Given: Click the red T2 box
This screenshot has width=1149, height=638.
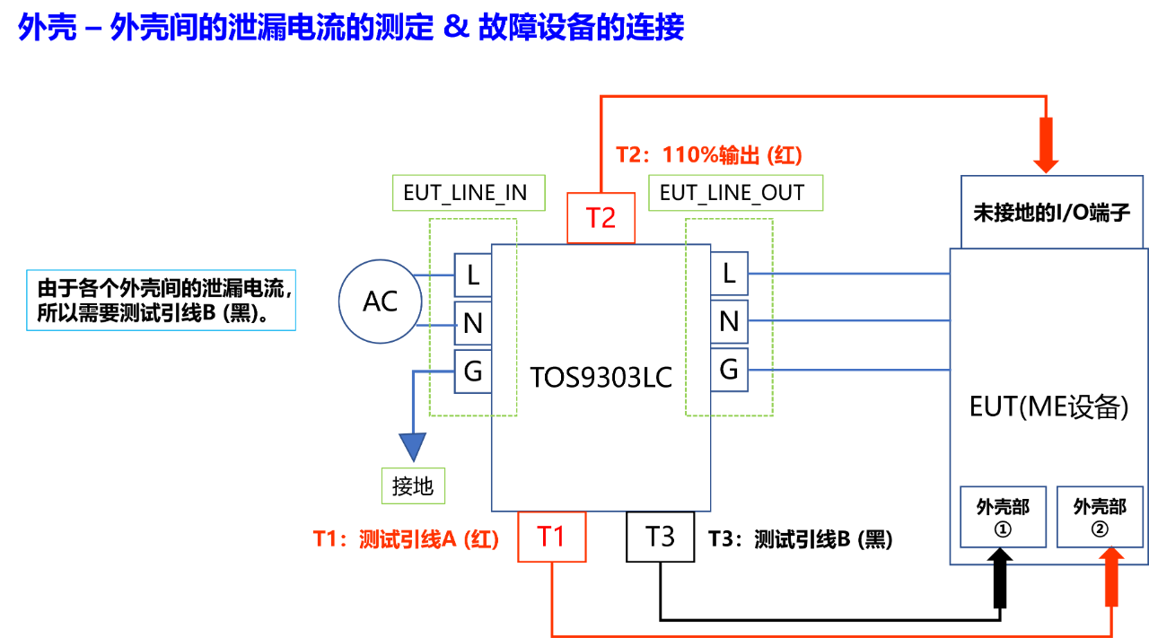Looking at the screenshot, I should pyautogui.click(x=601, y=218).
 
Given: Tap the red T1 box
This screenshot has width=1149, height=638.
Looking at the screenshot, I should pyautogui.click(x=551, y=537).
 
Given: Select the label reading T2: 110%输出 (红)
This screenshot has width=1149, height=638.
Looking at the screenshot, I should pyautogui.click(x=709, y=155).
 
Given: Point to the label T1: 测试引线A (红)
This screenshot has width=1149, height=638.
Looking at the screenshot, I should pyautogui.click(x=405, y=539).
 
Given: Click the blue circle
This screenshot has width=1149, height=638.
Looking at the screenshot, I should pyautogui.click(x=380, y=302).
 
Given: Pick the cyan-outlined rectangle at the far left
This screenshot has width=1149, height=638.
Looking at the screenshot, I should pyautogui.click(x=161, y=300).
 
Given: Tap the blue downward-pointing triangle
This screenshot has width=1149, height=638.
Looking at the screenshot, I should pyautogui.click(x=412, y=446).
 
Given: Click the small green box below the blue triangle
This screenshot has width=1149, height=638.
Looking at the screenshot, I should pyautogui.click(x=413, y=485).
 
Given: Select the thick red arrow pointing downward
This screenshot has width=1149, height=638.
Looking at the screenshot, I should pyautogui.click(x=1046, y=144).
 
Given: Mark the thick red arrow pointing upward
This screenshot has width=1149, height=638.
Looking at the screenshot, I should pyautogui.click(x=1111, y=577).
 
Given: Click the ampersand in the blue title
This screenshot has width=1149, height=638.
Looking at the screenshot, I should pyautogui.click(x=456, y=27).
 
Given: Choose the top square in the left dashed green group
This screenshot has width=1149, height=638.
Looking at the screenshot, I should pyautogui.click(x=472, y=275).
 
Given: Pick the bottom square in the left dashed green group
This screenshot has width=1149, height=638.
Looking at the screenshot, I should pyautogui.click(x=472, y=371).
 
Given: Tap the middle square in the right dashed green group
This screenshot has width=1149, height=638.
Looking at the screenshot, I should pyautogui.click(x=730, y=321).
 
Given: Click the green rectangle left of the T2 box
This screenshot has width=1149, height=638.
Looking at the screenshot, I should pyautogui.click(x=469, y=193).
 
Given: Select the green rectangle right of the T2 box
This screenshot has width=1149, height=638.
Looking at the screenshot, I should pyautogui.click(x=735, y=193).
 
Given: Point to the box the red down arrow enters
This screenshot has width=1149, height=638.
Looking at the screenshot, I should pyautogui.click(x=1051, y=212).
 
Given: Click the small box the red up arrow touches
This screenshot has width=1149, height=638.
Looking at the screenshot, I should pyautogui.click(x=1100, y=517).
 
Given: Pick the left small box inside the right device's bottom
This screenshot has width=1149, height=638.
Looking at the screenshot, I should pyautogui.click(x=1003, y=517).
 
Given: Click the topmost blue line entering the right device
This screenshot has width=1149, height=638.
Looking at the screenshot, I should pyautogui.click(x=848, y=273).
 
